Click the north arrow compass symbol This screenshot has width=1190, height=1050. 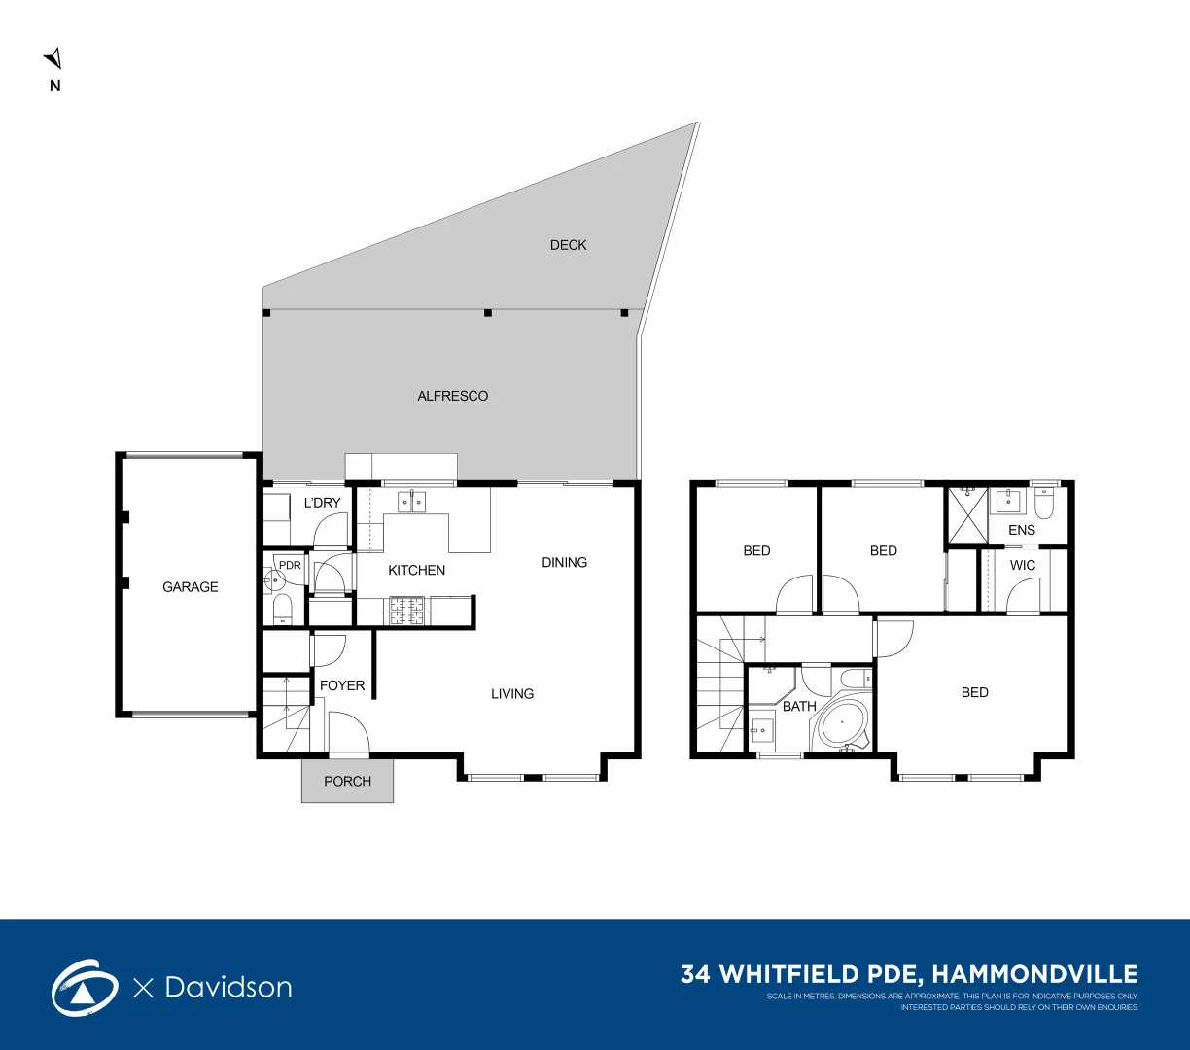[x=54, y=59]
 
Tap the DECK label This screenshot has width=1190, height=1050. [x=568, y=245]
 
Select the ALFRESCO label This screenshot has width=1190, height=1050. [x=452, y=396]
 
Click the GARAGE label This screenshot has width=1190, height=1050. [x=191, y=587]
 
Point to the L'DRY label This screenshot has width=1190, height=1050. [x=322, y=503]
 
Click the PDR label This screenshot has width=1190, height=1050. [x=290, y=565]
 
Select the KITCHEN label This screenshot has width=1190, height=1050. [x=416, y=570]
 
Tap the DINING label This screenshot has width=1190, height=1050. [x=564, y=562]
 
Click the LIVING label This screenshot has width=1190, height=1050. [x=512, y=693]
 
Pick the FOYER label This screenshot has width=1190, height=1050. [x=342, y=685]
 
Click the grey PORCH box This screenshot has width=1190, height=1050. [x=347, y=781]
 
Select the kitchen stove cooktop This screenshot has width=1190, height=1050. [x=407, y=611]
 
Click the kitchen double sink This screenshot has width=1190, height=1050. [x=412, y=502]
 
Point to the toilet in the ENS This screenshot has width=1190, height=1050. [x=1044, y=503]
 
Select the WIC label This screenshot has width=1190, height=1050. [x=1023, y=565]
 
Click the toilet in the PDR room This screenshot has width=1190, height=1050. [x=282, y=610]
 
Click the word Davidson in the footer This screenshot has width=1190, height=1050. [x=228, y=987]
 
